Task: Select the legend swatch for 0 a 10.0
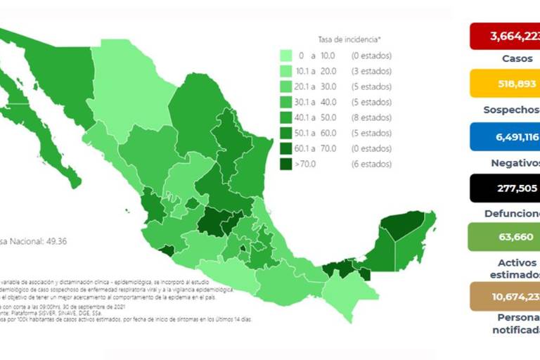(x=287, y=56)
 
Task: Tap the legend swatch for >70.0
(x=287, y=164)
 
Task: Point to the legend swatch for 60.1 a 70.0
(x=287, y=148)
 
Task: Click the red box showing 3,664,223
(x=505, y=37)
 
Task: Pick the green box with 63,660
(x=505, y=237)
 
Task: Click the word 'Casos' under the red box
(x=517, y=59)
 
